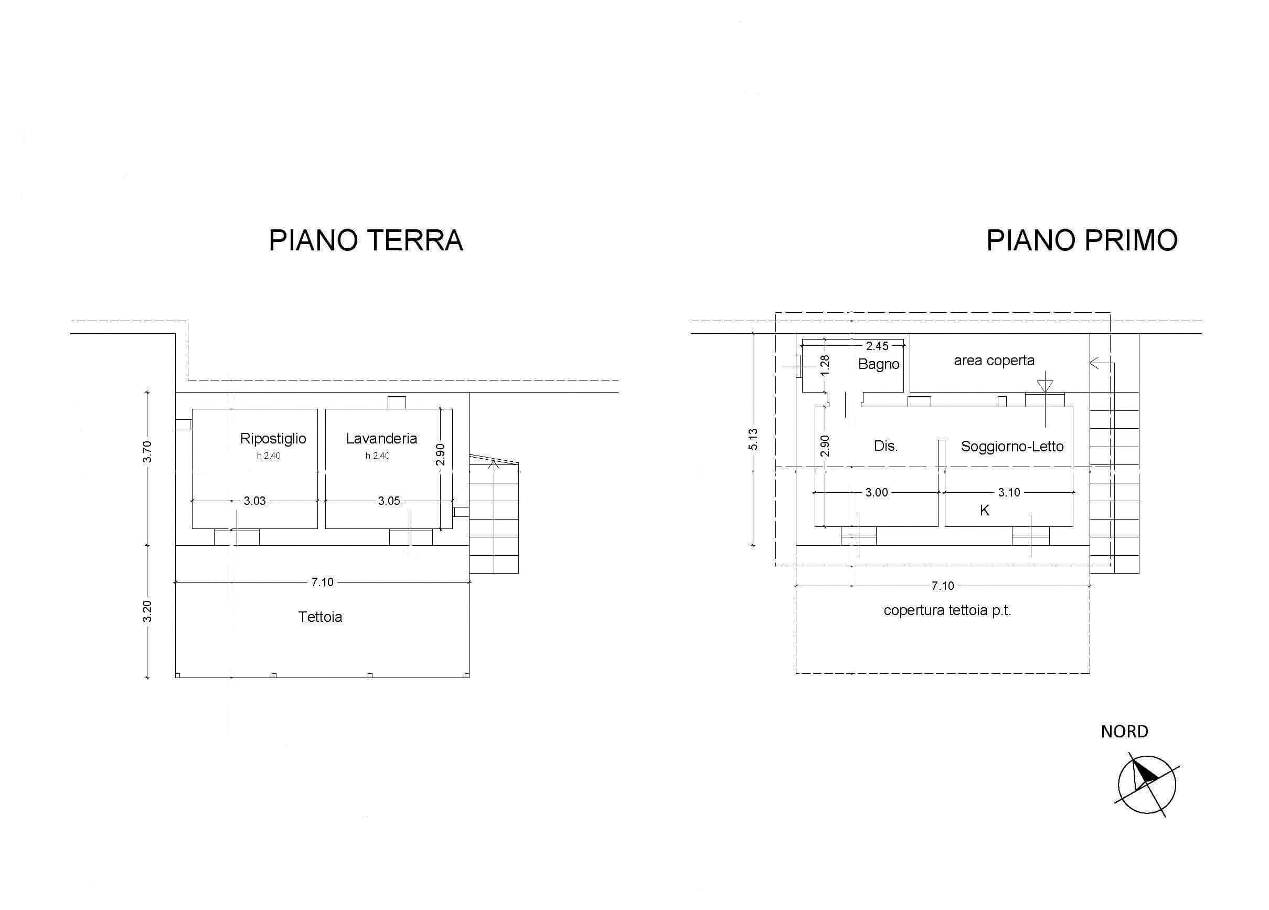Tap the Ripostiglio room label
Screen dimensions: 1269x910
tap(273, 439)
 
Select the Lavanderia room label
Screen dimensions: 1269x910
tap(381, 438)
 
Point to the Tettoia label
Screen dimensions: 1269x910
tap(320, 617)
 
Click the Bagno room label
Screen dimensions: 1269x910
tap(879, 364)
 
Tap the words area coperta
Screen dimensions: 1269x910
tap(994, 361)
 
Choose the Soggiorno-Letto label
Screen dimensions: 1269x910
tap(1012, 447)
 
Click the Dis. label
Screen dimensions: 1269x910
tap(886, 446)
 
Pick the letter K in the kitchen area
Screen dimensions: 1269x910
tap(985, 511)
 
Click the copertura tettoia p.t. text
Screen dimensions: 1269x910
tap(947, 610)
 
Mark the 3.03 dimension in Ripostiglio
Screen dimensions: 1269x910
tap(254, 501)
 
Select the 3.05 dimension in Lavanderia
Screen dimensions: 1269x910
tap(389, 501)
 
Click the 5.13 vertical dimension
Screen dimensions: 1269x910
tap(753, 439)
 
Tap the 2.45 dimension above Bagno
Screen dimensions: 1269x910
tap(877, 346)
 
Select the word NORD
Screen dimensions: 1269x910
tap(1125, 732)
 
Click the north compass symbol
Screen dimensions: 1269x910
tap(1146, 785)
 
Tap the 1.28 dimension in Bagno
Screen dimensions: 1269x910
tap(824, 365)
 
